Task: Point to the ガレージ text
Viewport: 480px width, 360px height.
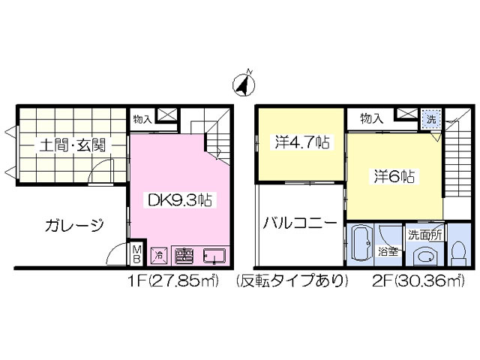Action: pyautogui.click(x=73, y=224)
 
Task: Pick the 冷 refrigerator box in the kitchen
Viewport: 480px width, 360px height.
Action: pyautogui.click(x=159, y=255)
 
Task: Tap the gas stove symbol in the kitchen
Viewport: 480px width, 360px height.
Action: pyautogui.click(x=183, y=255)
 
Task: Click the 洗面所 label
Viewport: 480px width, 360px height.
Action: pyautogui.click(x=425, y=233)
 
